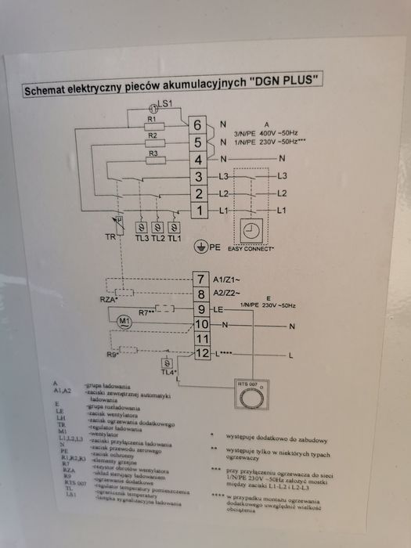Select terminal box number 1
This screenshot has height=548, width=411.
coord(199,211)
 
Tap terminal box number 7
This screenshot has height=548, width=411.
coord(201,279)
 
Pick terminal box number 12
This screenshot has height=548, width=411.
coord(201,355)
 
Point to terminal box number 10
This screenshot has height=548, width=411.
coord(201,324)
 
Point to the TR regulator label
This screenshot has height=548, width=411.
coord(110,237)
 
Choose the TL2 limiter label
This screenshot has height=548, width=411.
coord(157,237)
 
